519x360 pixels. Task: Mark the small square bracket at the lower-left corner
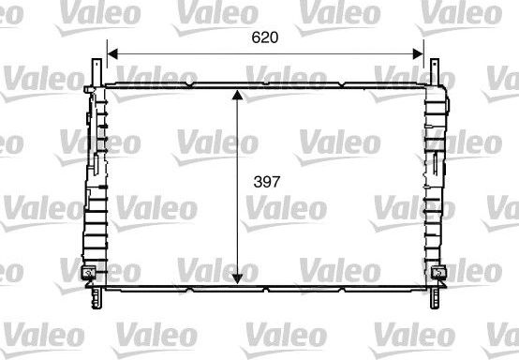pyautogui.click(x=88, y=274)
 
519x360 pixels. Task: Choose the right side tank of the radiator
pyautogui.click(x=436, y=178)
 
